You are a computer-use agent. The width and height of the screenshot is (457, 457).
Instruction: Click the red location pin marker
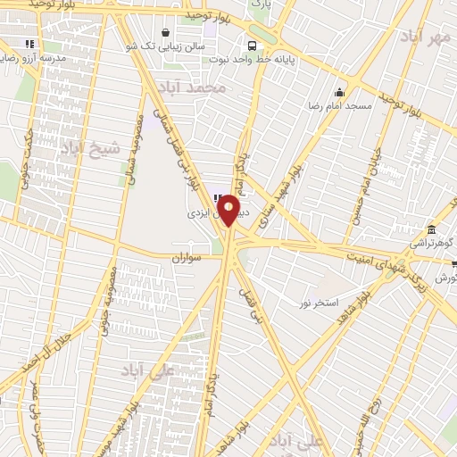(x=228, y=210)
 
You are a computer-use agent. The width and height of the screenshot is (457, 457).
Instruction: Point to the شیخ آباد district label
(x=89, y=150)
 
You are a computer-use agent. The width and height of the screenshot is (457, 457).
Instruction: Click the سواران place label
(x=189, y=257)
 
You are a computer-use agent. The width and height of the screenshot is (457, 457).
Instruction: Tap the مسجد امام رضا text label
(x=340, y=106)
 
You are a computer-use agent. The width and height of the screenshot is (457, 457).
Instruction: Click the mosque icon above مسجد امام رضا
(x=339, y=92)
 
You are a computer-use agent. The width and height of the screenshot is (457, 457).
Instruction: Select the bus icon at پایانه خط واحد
(x=253, y=44)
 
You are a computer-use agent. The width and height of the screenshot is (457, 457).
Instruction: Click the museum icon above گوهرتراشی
(x=432, y=228)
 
